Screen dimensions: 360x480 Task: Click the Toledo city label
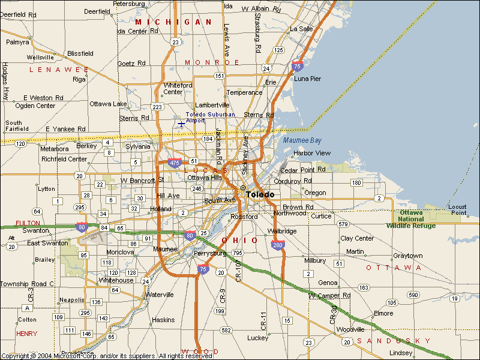(x=260, y=194)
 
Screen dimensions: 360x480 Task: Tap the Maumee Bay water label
(x=302, y=140)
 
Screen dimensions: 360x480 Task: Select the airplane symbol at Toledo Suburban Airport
(x=181, y=124)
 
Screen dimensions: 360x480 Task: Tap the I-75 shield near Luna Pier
(x=296, y=65)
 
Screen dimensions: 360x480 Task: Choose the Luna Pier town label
(x=307, y=79)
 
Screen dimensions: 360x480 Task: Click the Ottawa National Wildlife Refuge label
(x=412, y=219)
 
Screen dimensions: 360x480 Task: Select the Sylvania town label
(x=138, y=146)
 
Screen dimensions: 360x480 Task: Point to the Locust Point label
(x=457, y=210)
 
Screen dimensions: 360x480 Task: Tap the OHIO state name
(x=240, y=240)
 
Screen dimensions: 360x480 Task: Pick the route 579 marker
(x=343, y=224)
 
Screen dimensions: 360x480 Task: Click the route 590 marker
(x=413, y=295)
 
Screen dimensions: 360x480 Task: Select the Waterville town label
(x=159, y=295)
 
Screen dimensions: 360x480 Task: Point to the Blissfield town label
(x=80, y=53)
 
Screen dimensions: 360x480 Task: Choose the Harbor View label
(x=312, y=153)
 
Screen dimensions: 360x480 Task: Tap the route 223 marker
(x=157, y=107)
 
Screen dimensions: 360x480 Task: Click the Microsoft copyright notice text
(x=107, y=356)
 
